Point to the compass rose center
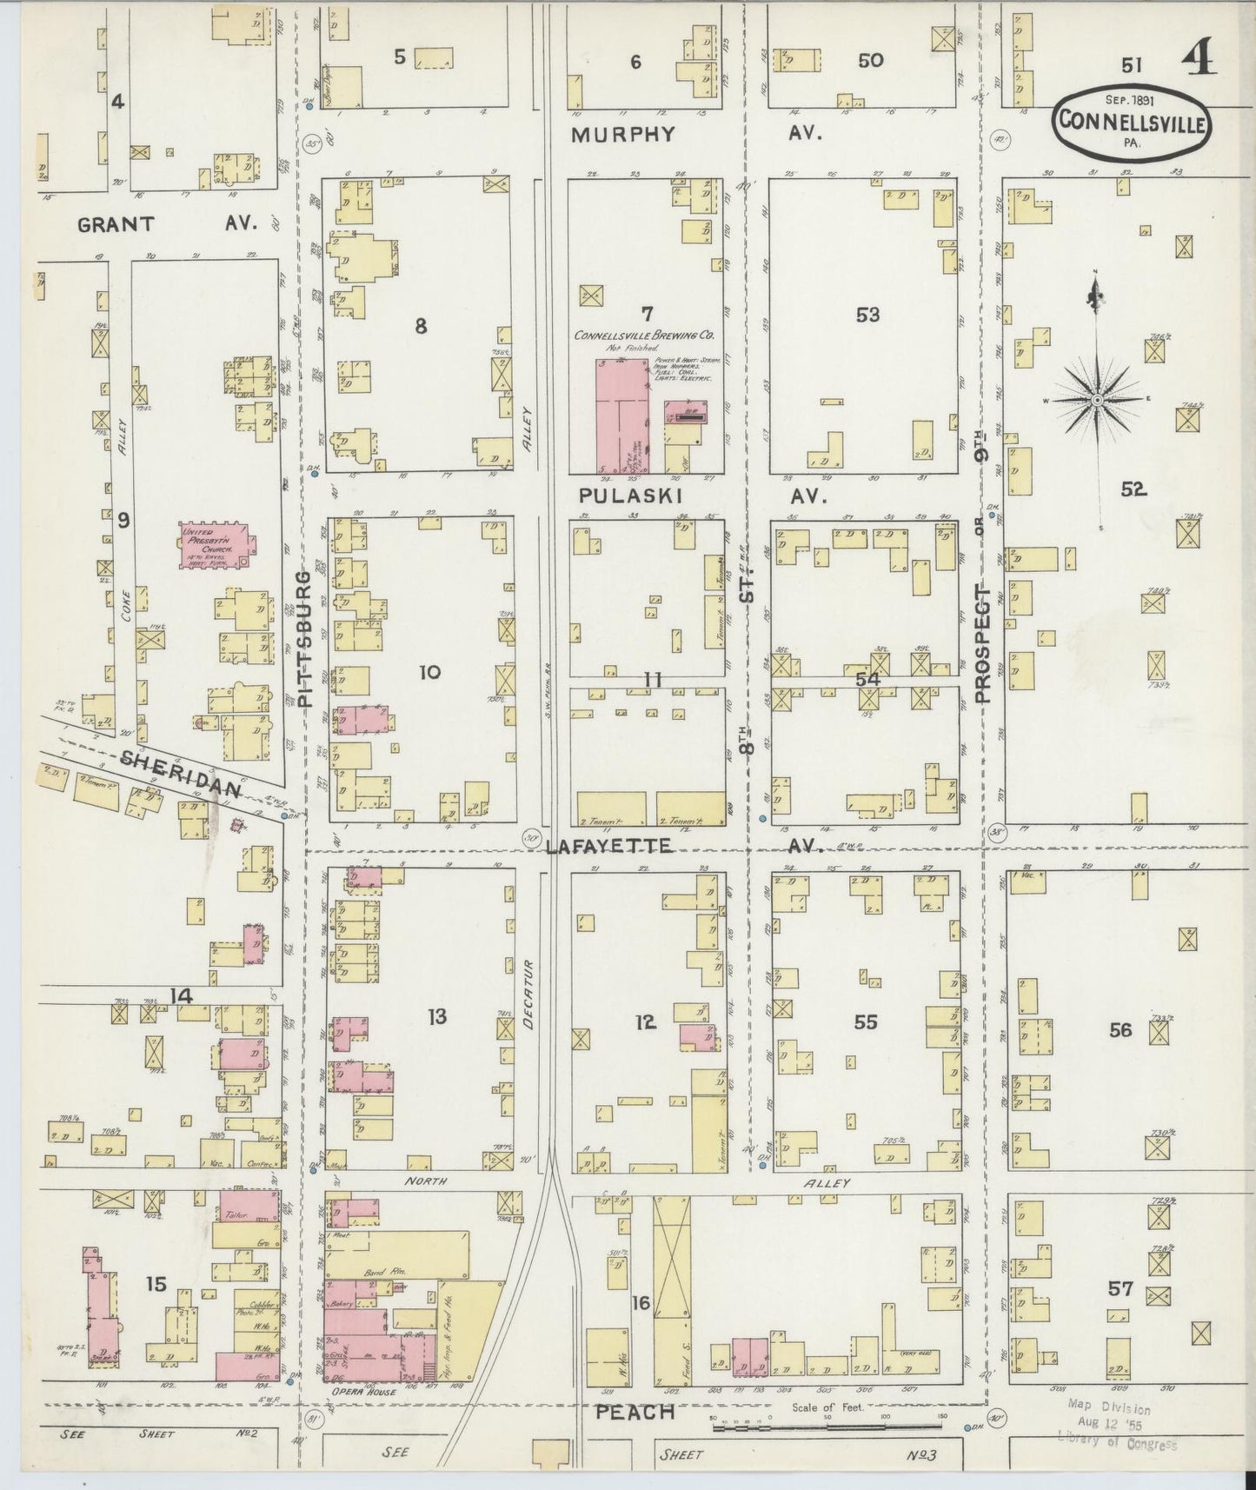pyautogui.click(x=1097, y=399)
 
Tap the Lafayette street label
pyautogui.click(x=609, y=844)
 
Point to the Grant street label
pyautogui.click(x=116, y=223)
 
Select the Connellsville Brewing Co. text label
pyautogui.click(x=643, y=335)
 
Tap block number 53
pyautogui.click(x=867, y=314)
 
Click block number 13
pyautogui.click(x=436, y=1015)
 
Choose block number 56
pyautogui.click(x=1120, y=1029)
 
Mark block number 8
pyautogui.click(x=421, y=327)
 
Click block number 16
pyautogui.click(x=641, y=1301)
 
